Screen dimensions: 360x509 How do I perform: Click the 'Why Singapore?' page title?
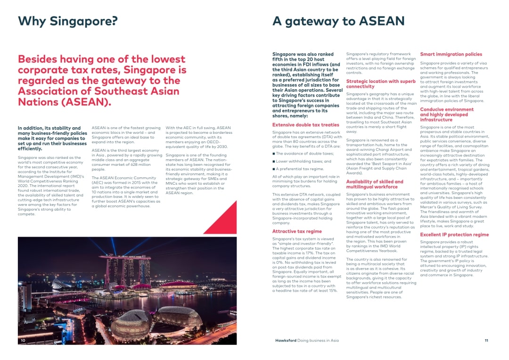[x=67, y=21]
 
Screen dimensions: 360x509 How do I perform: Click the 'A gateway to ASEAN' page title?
[x=338, y=21]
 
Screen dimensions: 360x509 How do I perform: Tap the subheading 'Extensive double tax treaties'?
[x=305, y=125]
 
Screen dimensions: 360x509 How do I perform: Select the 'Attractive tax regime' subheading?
[x=297, y=231]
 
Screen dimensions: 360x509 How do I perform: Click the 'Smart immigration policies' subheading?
[x=451, y=54]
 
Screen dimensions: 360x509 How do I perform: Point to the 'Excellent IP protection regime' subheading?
[x=454, y=235]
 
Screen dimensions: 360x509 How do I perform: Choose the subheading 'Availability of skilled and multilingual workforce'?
[x=375, y=184]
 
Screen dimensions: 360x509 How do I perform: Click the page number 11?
[x=486, y=340]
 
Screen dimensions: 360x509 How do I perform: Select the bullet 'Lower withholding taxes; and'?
[x=297, y=161]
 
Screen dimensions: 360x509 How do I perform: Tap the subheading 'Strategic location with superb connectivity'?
[x=381, y=84]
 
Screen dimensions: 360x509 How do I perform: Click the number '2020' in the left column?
[x=23, y=186]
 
